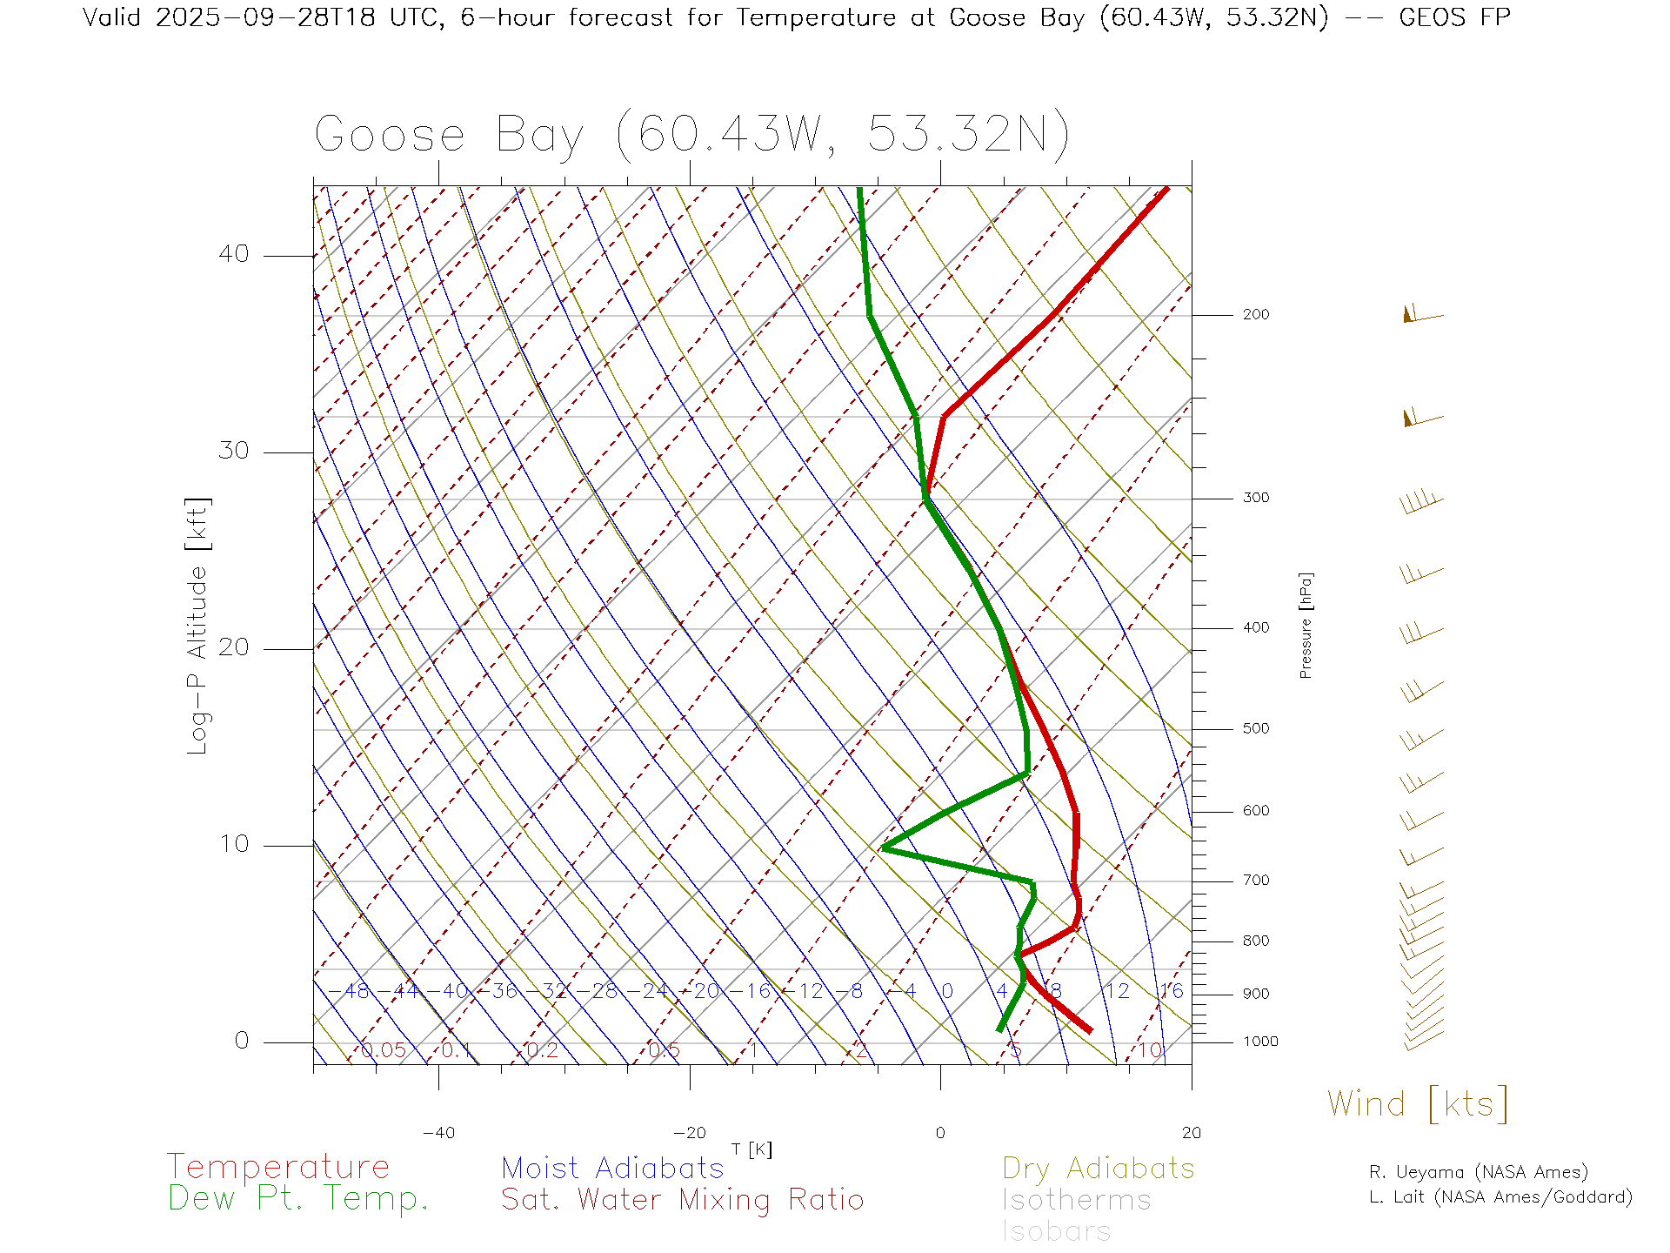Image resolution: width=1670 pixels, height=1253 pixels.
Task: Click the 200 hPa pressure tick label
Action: coord(1255,314)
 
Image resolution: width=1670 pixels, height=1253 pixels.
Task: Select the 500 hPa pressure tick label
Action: coord(1255,728)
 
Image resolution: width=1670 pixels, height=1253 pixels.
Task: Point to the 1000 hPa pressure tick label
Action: coord(1259,1042)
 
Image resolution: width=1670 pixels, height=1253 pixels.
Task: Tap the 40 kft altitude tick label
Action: coord(233,254)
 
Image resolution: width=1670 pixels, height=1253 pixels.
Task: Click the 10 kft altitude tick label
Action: coord(233,844)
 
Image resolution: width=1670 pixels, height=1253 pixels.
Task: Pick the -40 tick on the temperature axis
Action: coord(438,1133)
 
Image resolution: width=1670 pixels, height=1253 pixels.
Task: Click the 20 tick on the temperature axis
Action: coord(1191,1133)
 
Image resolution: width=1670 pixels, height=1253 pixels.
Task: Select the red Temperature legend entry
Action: coord(278,1166)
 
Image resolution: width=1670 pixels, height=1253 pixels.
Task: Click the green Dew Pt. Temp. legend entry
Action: coord(298,1199)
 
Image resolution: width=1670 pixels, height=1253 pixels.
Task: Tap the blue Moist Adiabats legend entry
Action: coord(612,1168)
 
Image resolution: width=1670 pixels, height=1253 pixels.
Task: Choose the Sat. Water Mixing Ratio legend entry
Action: coord(682,1200)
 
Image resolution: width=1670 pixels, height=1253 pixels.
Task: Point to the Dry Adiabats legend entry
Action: coord(1098,1168)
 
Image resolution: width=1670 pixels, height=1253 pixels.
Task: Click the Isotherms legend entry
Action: coord(1076,1200)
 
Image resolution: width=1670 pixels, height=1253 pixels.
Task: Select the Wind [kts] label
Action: coord(1417,1104)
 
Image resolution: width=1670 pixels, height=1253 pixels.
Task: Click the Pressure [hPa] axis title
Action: coord(1306,625)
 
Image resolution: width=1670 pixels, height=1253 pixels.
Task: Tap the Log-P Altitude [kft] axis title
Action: coord(198,626)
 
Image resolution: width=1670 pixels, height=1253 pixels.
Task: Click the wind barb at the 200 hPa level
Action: coord(1421,314)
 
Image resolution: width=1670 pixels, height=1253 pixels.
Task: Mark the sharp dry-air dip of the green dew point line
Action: coord(884,847)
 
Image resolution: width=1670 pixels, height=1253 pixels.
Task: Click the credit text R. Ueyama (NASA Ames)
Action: coord(1478,1172)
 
